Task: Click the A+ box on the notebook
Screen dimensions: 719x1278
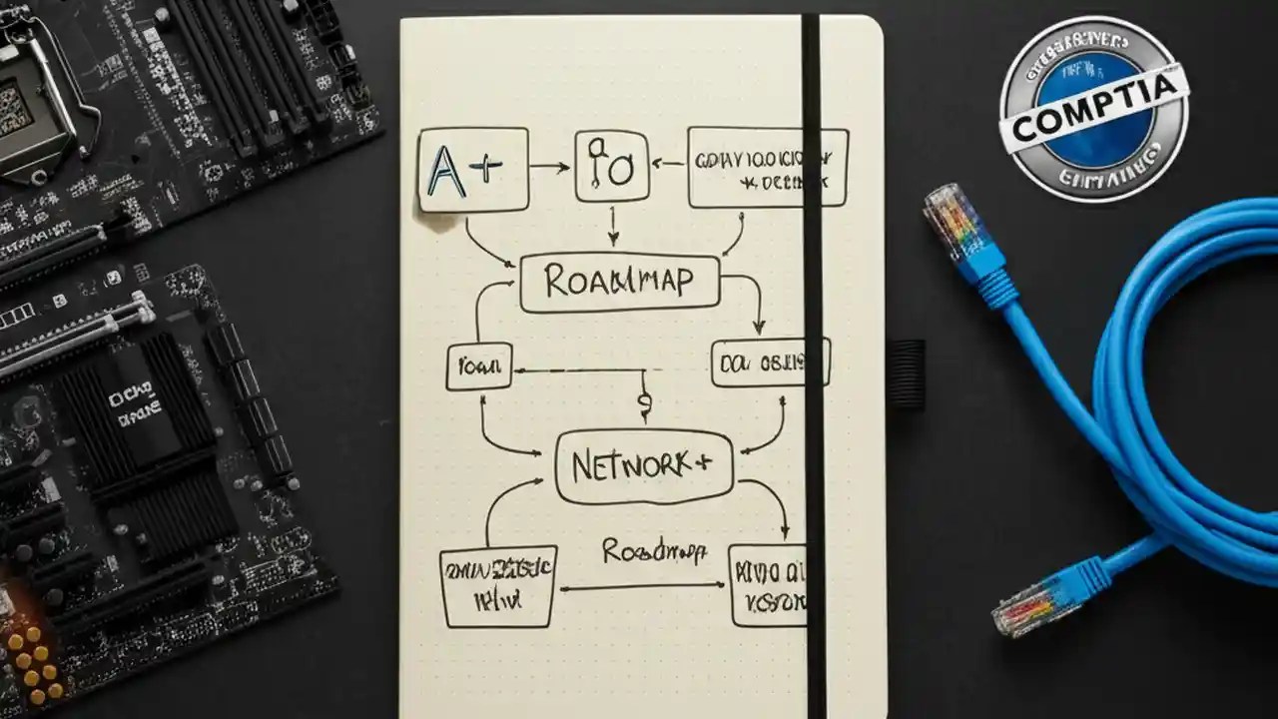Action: tap(472, 170)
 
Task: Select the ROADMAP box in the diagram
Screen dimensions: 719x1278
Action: tap(619, 283)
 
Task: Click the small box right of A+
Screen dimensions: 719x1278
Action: tap(611, 166)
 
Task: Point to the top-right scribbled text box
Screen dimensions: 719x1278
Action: tap(767, 167)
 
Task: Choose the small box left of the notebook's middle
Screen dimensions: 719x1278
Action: tap(478, 366)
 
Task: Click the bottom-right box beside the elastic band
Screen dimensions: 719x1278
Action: tap(767, 585)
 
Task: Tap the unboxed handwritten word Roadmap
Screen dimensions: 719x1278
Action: tap(654, 550)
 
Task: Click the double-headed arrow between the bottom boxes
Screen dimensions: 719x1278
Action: tap(644, 587)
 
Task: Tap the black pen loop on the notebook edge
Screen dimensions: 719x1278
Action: tap(906, 373)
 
